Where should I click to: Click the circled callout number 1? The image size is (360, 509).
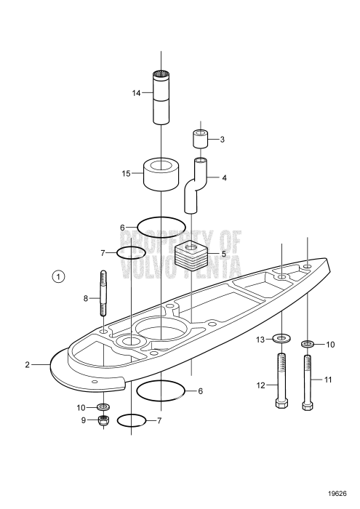[59, 276]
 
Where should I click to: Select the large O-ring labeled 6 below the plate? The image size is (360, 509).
[160, 390]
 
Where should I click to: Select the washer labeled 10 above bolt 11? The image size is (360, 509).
[308, 343]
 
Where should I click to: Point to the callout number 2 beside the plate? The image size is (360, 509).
[27, 364]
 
